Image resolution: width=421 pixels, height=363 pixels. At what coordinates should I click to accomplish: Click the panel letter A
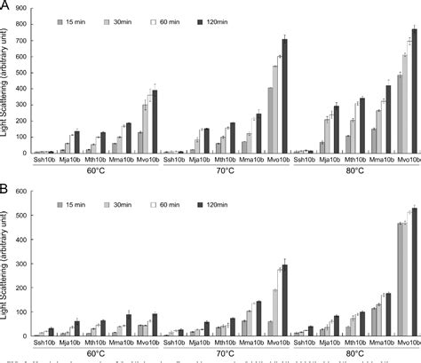pyautogui.click(x=6, y=7)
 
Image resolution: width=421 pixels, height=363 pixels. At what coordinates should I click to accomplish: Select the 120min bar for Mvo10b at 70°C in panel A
pyautogui.click(x=284, y=97)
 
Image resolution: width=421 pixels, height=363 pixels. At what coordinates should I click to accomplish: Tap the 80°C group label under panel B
pyautogui.click(x=353, y=353)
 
